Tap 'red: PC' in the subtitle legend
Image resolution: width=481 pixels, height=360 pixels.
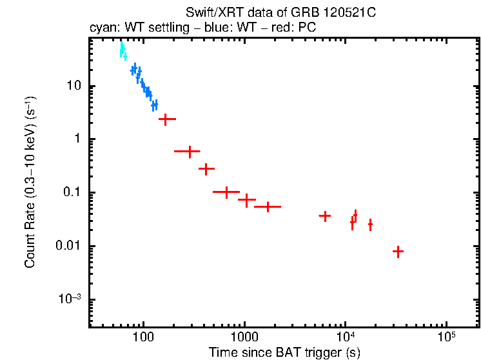pos(293,28)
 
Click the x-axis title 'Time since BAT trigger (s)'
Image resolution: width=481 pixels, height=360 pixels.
pos(284,352)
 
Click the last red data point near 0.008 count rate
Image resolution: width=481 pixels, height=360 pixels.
pos(398,252)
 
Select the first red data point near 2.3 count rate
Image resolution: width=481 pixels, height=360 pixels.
pos(167,119)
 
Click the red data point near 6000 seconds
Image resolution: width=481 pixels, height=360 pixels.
pos(325,216)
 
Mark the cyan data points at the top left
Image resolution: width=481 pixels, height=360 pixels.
pos(123,50)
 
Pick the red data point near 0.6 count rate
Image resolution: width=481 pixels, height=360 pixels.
pos(188,152)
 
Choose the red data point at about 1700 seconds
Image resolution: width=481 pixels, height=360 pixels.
pos(267,206)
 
